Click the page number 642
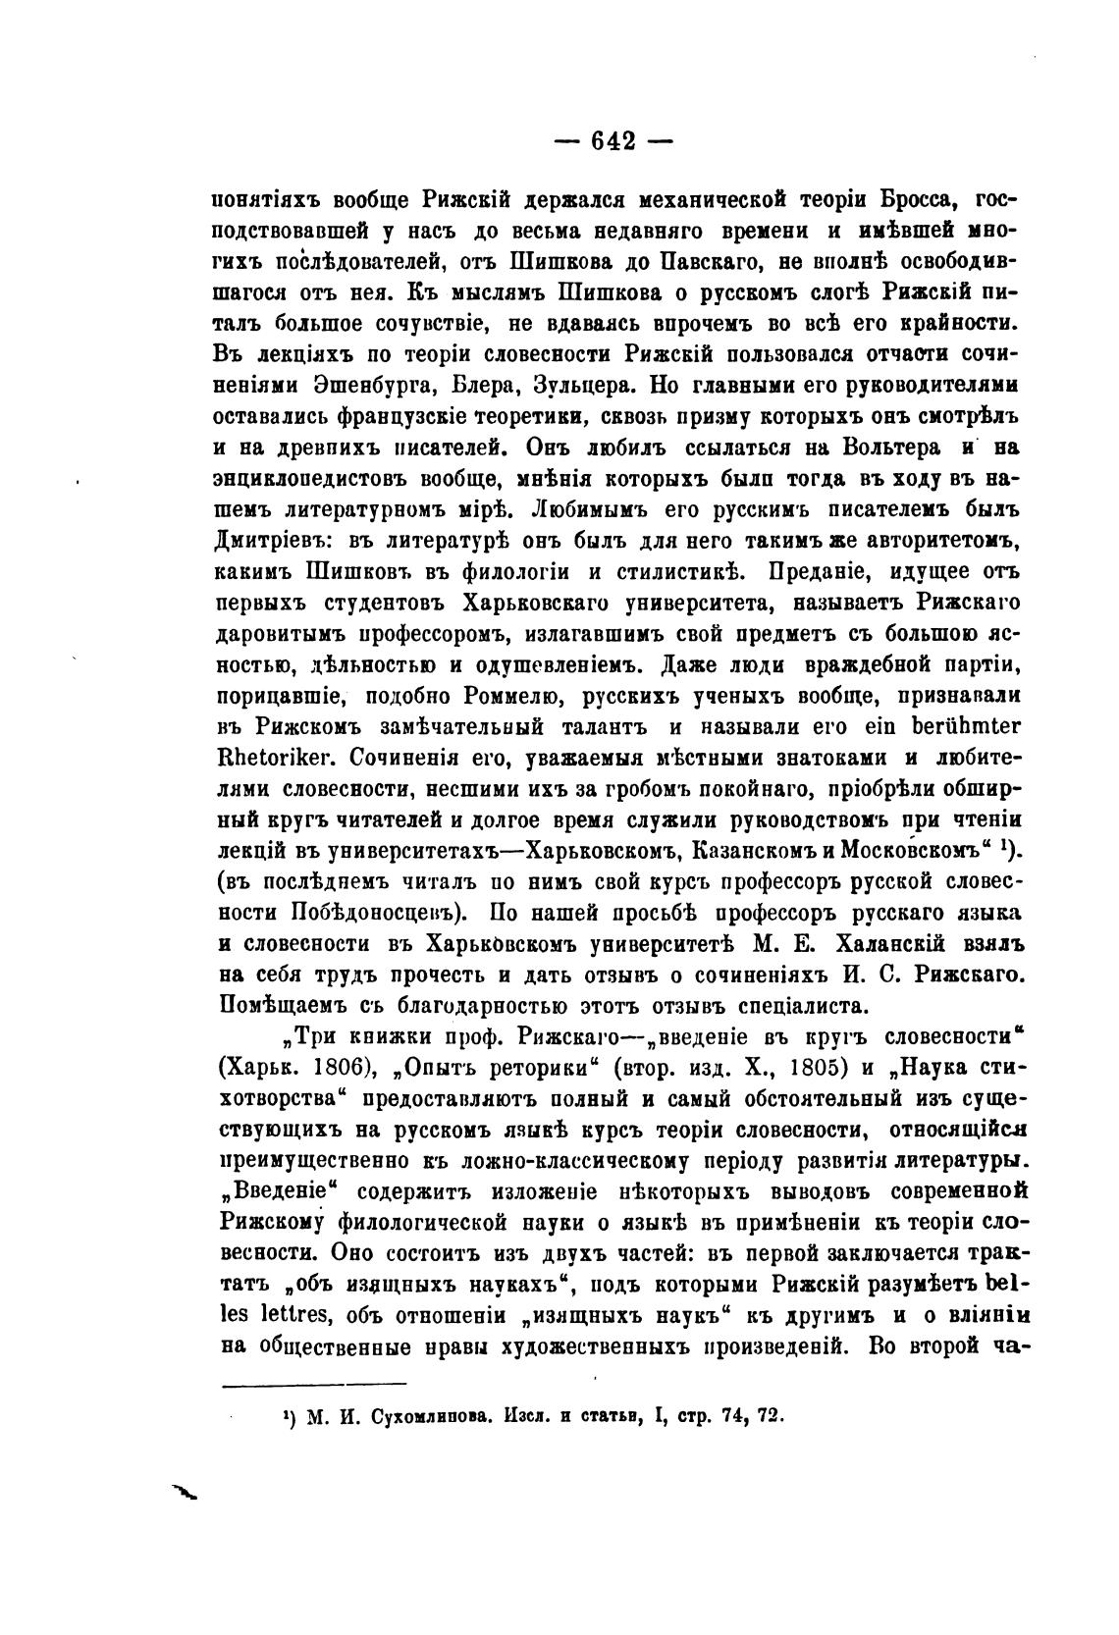point(613,140)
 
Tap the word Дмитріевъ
point(263,539)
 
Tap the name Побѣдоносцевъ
point(377,910)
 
